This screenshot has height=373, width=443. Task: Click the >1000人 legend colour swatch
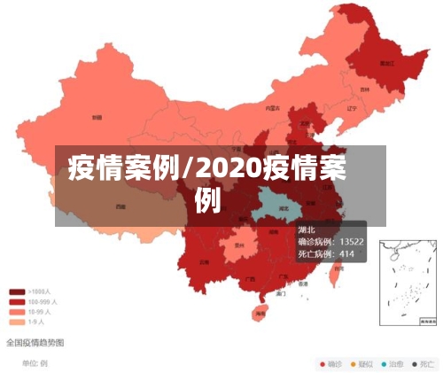[16, 291]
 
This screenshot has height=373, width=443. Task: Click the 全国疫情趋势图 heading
[35, 341]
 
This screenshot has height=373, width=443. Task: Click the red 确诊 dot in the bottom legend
[323, 363]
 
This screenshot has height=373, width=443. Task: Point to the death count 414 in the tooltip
[347, 254]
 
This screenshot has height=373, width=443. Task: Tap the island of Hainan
[260, 312]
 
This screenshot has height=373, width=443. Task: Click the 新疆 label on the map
[96, 116]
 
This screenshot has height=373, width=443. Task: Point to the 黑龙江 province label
[386, 64]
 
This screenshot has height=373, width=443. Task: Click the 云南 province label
[206, 261]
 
